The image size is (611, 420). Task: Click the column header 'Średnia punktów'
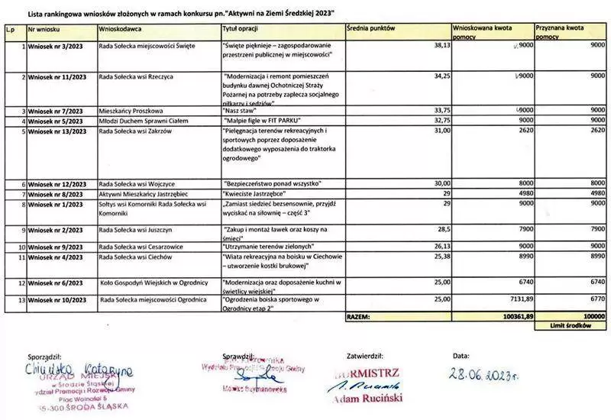[x=370, y=27]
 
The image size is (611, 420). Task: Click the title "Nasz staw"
[x=241, y=111]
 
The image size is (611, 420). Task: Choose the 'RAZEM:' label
[x=359, y=315]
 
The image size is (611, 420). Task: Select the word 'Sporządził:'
[x=44, y=357]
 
